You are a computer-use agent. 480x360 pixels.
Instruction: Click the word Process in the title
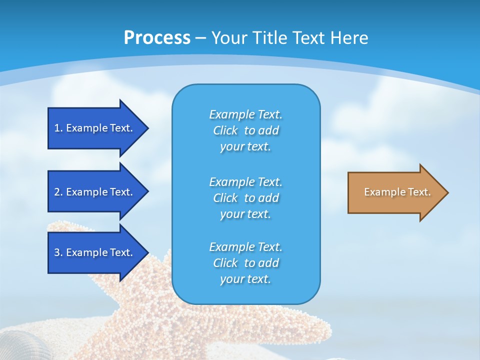click(157, 38)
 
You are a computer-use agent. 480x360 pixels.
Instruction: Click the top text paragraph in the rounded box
click(245, 130)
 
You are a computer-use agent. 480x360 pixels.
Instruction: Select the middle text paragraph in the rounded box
click(245, 198)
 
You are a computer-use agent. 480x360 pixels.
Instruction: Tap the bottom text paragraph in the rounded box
click(245, 263)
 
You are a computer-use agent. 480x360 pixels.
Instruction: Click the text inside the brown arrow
click(397, 192)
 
